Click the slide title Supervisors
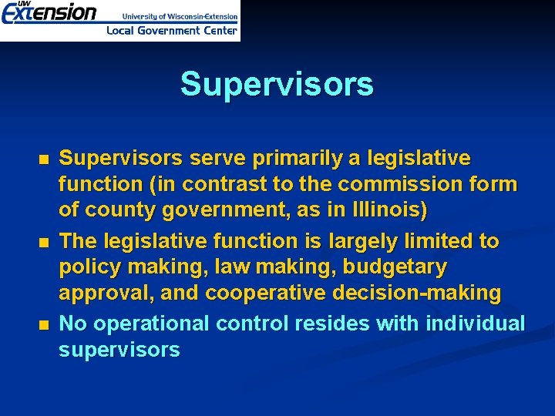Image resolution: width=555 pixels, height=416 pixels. point(277,85)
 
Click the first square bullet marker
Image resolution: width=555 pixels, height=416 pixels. point(42,160)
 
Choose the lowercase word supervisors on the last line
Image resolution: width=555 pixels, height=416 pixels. point(119,350)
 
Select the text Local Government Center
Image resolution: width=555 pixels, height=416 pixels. point(172,31)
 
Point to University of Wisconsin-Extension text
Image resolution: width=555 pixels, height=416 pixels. point(180,15)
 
